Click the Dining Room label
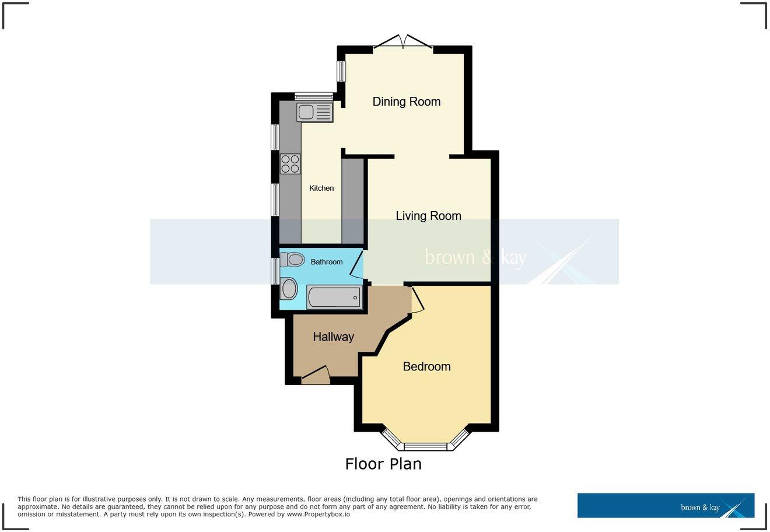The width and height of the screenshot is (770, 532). point(407,101)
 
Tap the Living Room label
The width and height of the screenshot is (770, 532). point(428,216)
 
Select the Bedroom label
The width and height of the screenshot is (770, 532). point(426,366)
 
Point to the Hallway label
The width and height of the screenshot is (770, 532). point(333,337)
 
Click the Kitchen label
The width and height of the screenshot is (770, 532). point(321,188)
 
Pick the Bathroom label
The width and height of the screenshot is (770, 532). point(326,262)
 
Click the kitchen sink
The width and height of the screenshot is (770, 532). point(314,111)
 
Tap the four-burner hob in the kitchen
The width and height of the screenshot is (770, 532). point(290,164)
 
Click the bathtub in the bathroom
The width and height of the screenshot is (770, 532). point(334,297)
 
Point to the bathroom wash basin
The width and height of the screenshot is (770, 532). point(288,289)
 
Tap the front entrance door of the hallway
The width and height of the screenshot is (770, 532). point(316,374)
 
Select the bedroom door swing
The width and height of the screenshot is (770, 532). point(417,300)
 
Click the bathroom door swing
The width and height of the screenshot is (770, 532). point(357,263)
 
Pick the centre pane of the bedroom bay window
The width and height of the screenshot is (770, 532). point(425,447)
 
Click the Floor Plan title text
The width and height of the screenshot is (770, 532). point(383,464)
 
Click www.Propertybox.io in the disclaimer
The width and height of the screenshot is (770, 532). point(317,514)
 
